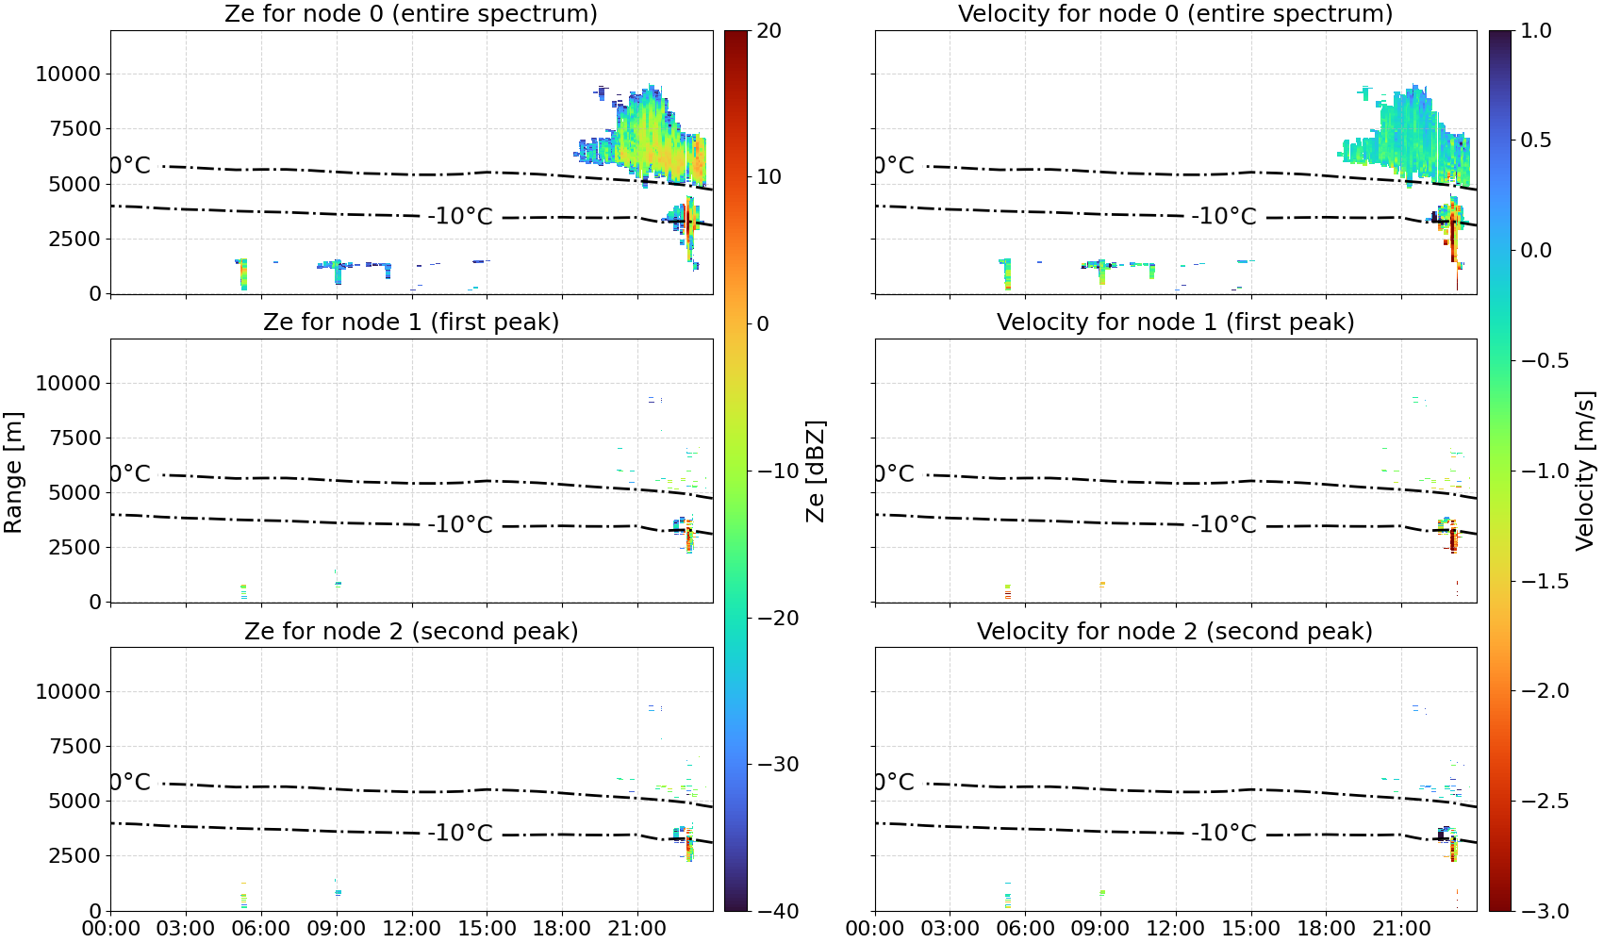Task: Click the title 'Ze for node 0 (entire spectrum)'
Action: click(411, 13)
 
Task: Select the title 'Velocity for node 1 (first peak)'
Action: click(1175, 322)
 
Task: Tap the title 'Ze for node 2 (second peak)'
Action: click(411, 631)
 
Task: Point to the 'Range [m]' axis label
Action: click(13, 472)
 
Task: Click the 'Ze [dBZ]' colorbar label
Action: click(815, 471)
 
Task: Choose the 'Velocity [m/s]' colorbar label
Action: click(1585, 471)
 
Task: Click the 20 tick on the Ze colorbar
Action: click(769, 31)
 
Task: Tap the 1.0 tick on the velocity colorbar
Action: click(1536, 31)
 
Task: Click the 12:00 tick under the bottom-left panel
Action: click(411, 929)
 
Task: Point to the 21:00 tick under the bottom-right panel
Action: click(1401, 929)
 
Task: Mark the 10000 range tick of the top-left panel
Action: click(68, 74)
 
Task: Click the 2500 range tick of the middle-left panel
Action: click(74, 547)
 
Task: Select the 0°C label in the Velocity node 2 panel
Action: click(894, 782)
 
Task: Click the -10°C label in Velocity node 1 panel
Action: click(1224, 524)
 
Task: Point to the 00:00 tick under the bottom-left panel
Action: click(111, 929)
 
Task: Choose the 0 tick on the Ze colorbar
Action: click(763, 324)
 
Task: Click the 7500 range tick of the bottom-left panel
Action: click(74, 746)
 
